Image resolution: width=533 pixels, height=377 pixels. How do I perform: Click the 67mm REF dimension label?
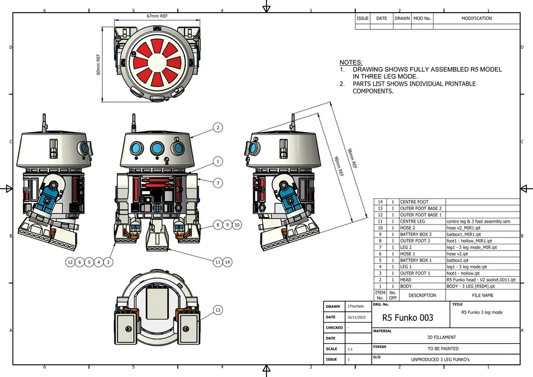(156, 16)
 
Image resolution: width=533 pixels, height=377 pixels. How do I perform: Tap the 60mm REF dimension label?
(98, 64)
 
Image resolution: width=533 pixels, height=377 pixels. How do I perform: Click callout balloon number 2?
(218, 127)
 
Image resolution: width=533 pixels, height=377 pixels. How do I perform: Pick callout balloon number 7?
(218, 183)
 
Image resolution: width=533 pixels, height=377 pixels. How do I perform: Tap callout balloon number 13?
(218, 310)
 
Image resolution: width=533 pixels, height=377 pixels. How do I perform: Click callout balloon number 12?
(71, 262)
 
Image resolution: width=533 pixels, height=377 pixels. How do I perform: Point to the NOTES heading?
(351, 63)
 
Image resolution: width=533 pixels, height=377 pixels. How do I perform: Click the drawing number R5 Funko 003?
(408, 317)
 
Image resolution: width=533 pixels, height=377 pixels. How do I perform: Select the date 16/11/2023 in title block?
(356, 317)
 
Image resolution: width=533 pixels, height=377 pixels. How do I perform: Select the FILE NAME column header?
(482, 296)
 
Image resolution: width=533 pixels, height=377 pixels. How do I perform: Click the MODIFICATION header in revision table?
(476, 19)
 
